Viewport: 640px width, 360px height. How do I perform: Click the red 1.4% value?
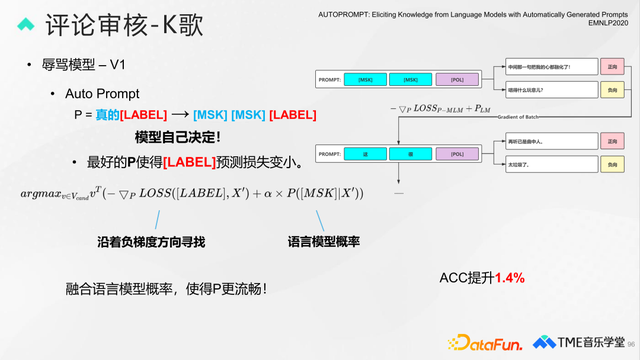point(509,277)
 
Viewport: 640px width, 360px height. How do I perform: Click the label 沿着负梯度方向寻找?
point(152,242)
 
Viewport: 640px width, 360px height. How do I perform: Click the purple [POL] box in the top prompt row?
point(457,79)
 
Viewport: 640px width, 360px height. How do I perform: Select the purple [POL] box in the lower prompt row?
point(457,154)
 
